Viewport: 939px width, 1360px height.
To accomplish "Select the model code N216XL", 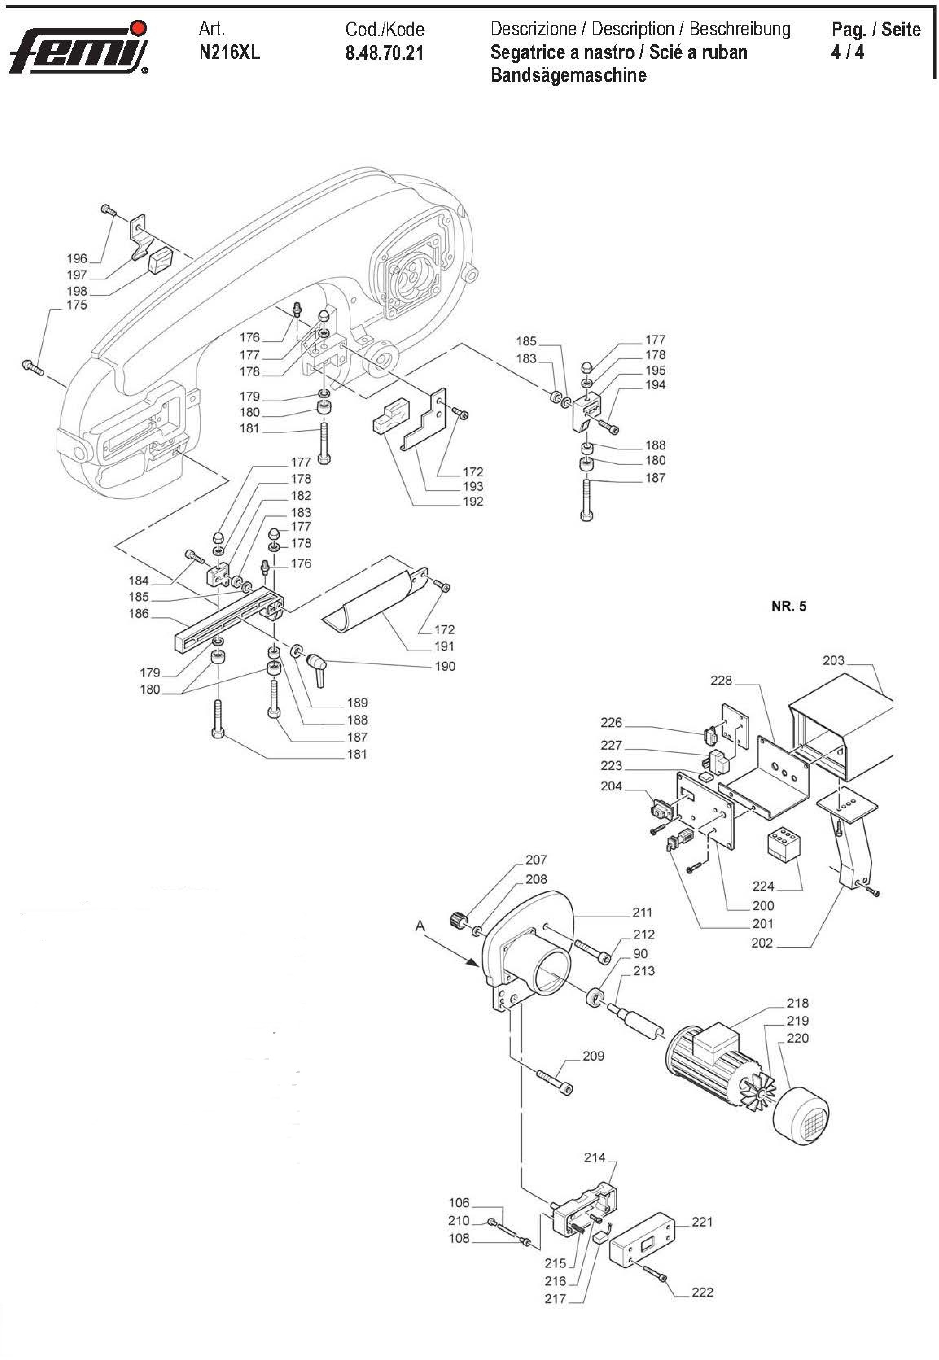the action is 229,52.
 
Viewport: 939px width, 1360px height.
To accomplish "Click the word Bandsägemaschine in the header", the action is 568,75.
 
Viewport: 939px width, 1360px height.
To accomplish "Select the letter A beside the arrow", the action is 420,926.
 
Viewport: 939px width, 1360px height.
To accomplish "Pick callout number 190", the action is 445,666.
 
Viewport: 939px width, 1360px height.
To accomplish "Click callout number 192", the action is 473,502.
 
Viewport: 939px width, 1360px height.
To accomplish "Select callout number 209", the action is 593,1056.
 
